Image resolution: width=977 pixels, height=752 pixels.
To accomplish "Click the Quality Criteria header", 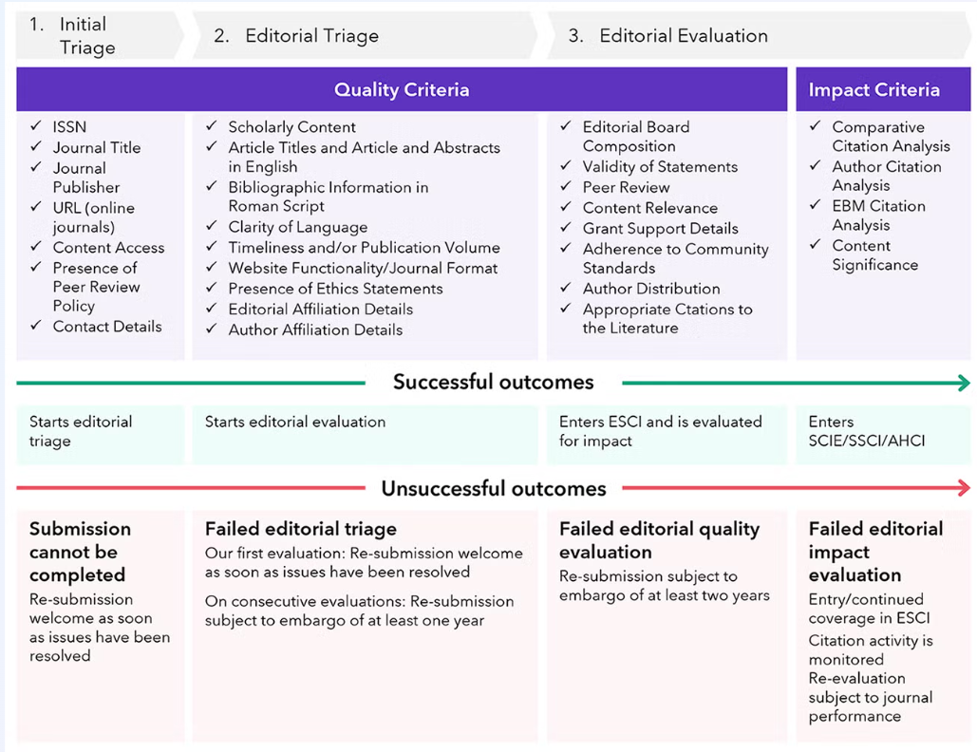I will (x=402, y=90).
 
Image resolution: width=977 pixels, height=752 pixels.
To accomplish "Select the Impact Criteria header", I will (x=874, y=90).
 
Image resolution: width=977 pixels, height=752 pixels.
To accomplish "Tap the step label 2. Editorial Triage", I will (x=296, y=36).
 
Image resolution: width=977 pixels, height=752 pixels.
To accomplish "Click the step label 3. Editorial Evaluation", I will (x=667, y=36).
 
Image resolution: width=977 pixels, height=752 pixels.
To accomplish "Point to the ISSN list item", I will (x=69, y=127).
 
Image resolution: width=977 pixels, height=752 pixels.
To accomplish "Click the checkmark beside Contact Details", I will (x=36, y=326).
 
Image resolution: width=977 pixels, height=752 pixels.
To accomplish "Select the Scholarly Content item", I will (x=291, y=127).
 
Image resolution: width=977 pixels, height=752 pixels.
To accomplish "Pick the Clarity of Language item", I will (x=297, y=228).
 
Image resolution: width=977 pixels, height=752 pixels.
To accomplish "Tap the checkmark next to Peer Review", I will (x=566, y=187).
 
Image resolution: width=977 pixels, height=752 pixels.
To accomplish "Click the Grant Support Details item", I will (x=660, y=228).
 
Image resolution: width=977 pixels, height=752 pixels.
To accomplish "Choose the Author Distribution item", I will (x=651, y=289).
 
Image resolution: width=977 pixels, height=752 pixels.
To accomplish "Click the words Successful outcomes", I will (x=494, y=383).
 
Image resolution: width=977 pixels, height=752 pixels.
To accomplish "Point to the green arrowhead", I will (x=965, y=383).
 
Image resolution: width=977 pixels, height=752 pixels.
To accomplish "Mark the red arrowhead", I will (x=965, y=489).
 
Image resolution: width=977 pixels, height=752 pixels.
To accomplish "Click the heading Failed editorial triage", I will (x=301, y=529).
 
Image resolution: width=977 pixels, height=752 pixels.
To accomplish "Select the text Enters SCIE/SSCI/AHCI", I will (x=866, y=431).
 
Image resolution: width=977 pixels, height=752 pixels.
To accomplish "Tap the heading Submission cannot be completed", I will (x=80, y=552).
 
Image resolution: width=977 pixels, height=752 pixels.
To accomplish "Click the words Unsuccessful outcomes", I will (x=494, y=489).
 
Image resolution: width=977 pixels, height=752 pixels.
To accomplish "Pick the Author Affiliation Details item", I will (x=315, y=330).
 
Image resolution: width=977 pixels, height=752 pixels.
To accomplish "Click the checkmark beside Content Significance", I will (x=816, y=245).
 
